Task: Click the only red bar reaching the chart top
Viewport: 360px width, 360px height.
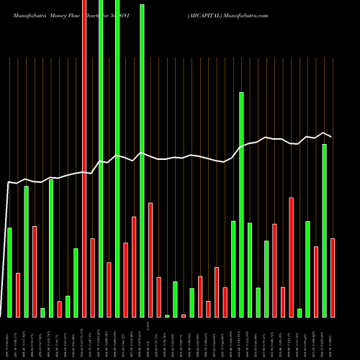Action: point(84,158)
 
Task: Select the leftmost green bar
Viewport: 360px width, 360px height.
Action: point(9,272)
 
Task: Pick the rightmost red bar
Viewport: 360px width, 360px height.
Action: point(333,277)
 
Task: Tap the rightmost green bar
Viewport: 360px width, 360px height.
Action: point(324,230)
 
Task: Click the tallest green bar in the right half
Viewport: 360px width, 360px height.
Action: point(241,204)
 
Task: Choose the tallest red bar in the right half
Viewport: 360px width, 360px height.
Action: point(291,257)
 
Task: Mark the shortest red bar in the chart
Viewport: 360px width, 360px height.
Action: point(183,315)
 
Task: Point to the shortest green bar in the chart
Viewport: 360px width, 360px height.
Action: point(167,315)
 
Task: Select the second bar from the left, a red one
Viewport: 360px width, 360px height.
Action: point(18,294)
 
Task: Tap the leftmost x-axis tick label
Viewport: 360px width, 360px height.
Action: point(9,338)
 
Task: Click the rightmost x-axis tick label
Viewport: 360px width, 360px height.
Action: point(333,338)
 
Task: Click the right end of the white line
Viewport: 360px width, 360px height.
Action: point(332,136)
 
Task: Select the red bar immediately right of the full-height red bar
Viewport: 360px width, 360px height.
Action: point(93,277)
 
